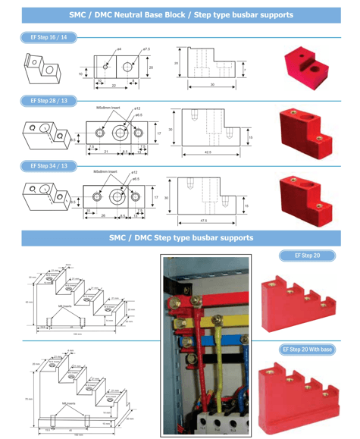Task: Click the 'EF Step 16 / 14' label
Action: (x=48, y=37)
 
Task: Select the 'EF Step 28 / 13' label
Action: (x=48, y=100)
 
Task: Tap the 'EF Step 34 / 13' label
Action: (x=48, y=165)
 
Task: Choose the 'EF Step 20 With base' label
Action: (x=307, y=350)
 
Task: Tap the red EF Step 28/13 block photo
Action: (x=306, y=130)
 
